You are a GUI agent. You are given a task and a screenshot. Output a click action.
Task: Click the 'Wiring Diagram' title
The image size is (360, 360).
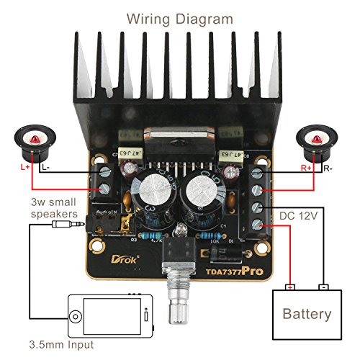point(180,18)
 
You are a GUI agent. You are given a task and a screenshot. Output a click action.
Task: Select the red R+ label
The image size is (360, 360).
point(306,167)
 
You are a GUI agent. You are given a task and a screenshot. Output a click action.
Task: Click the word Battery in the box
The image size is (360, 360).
point(307,314)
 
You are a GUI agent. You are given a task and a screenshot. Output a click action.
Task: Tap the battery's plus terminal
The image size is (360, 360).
point(290,289)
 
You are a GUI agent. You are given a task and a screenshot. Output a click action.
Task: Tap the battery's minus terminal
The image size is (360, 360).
point(324,289)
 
